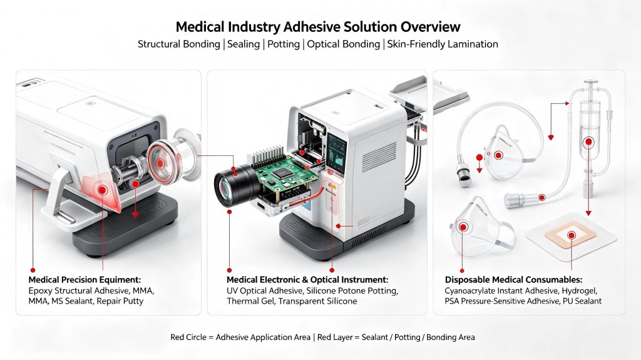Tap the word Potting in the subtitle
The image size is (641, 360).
[x=284, y=44]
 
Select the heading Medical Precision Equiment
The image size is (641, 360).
[x=85, y=280]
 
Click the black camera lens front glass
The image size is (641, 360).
[x=223, y=189]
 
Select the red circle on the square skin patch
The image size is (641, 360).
[x=571, y=235]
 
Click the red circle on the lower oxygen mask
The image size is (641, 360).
[x=463, y=227]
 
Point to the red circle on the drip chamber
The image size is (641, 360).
[x=588, y=142]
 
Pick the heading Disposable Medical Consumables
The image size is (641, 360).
[x=513, y=280]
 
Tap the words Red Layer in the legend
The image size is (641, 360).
[x=335, y=337]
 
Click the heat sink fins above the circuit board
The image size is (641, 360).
[x=270, y=158]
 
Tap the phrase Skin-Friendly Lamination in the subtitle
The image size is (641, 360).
[x=443, y=44]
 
